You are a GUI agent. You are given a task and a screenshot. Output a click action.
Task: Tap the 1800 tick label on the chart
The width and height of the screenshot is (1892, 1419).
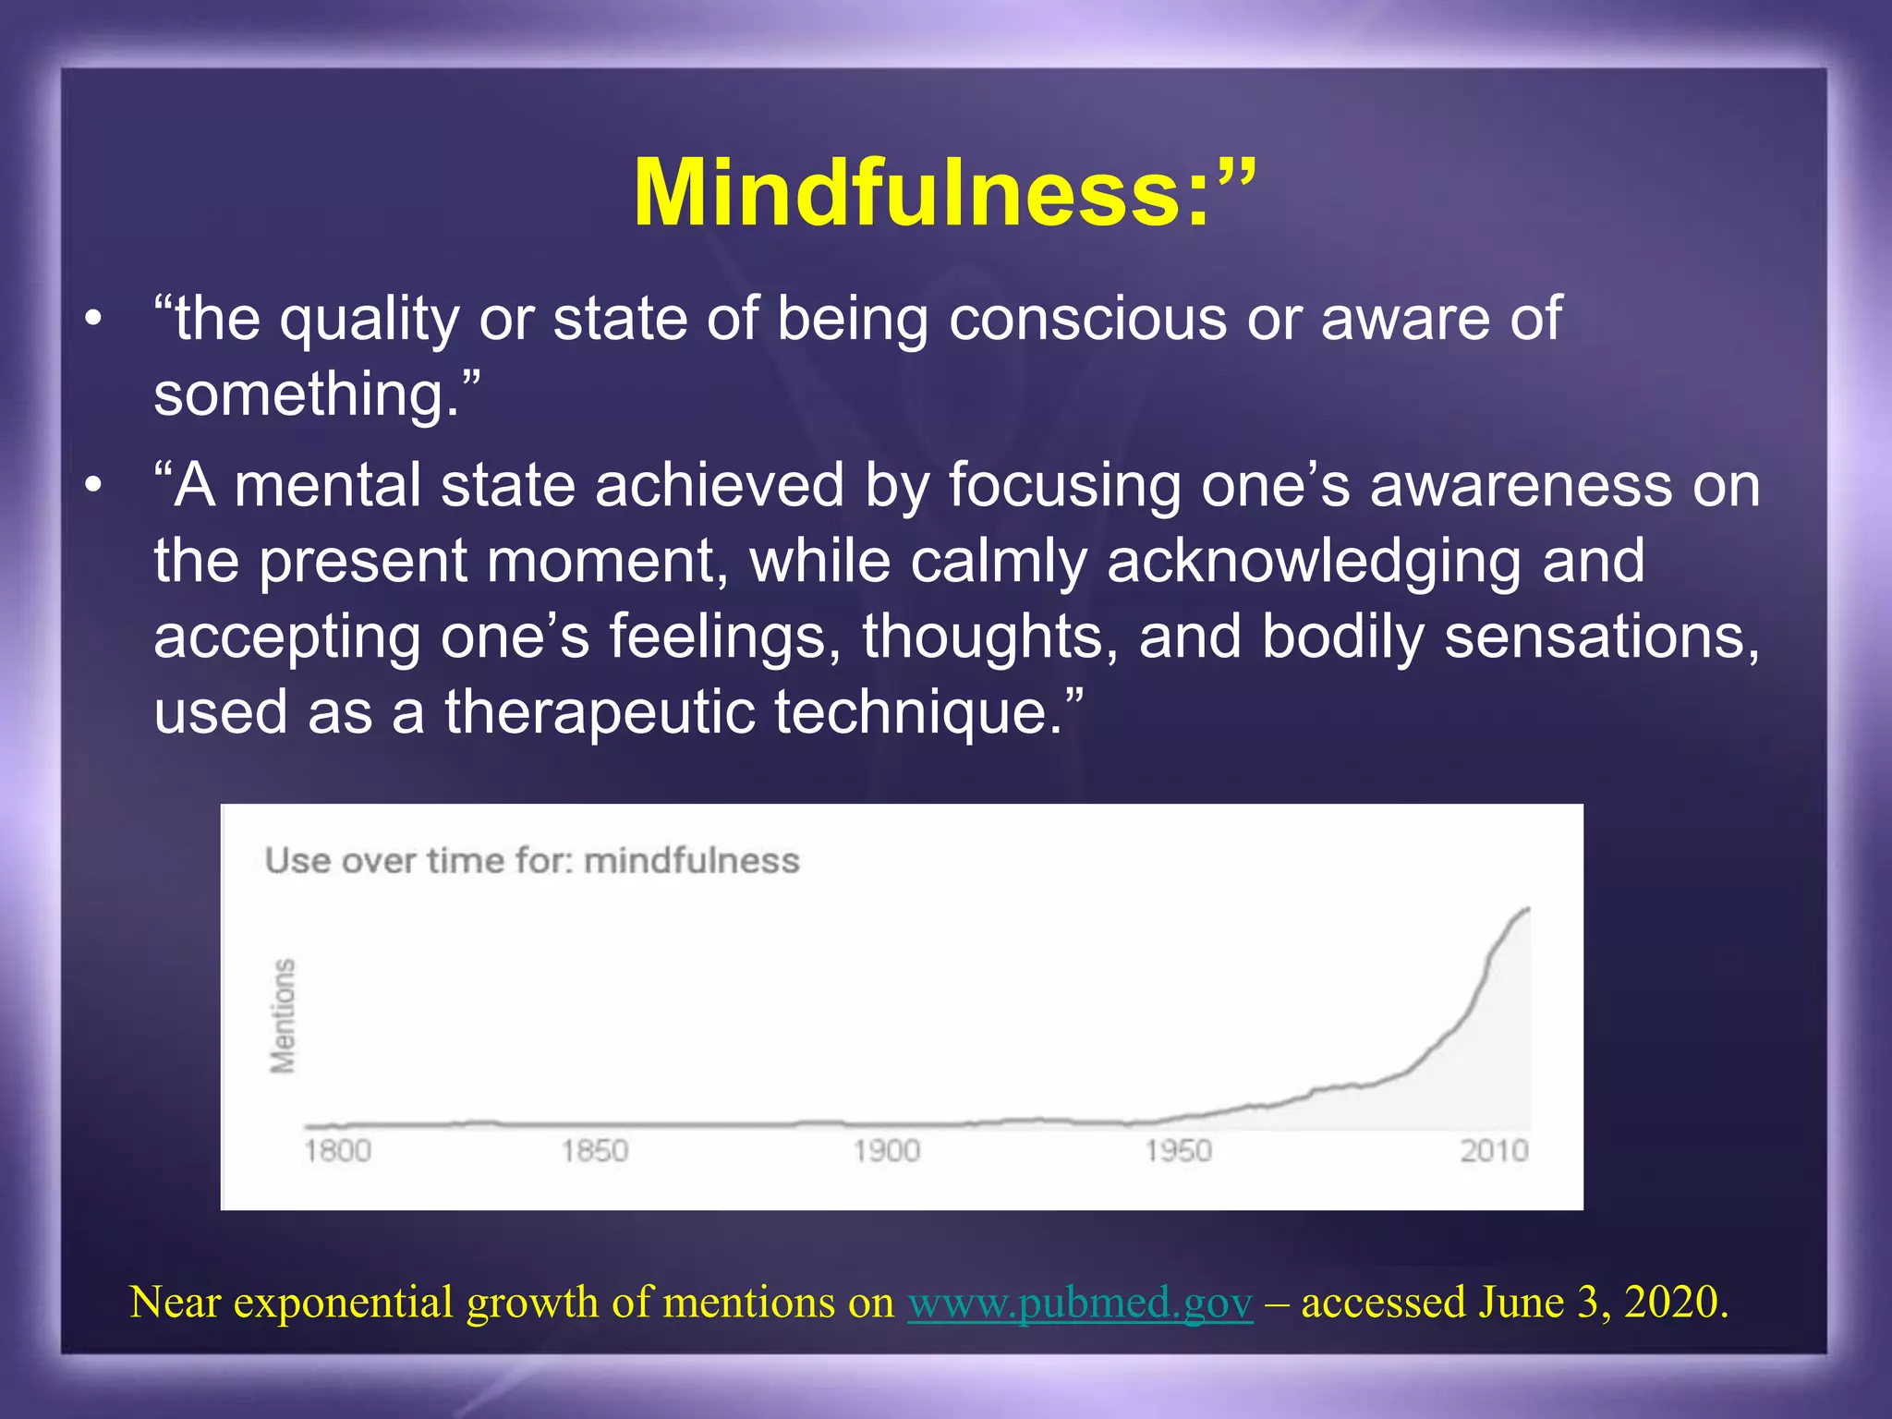[337, 1151]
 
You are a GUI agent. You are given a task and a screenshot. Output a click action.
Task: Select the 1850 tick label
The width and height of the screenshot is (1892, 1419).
[595, 1151]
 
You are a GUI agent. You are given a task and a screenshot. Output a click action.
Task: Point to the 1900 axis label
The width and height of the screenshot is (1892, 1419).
[886, 1151]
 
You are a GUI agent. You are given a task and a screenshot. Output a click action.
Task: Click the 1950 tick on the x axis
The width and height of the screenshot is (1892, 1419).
[1178, 1151]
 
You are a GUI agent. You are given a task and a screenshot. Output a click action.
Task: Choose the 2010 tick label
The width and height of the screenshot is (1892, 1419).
[1494, 1151]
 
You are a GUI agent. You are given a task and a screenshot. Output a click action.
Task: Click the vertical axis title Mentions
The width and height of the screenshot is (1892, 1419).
[283, 1016]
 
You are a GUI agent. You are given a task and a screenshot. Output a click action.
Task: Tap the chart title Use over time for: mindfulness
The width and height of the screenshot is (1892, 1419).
[531, 861]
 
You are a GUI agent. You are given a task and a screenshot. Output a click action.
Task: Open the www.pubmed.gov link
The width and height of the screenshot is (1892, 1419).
[1080, 1303]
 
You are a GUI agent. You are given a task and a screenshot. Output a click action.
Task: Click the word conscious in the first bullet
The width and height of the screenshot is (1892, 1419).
[1087, 319]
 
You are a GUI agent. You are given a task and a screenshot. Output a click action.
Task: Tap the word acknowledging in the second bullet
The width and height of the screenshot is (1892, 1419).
[1313, 561]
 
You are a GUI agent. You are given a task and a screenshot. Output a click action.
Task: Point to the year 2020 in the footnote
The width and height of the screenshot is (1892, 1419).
[1674, 1303]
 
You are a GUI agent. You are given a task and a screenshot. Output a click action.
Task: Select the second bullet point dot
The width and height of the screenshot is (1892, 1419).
[92, 487]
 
